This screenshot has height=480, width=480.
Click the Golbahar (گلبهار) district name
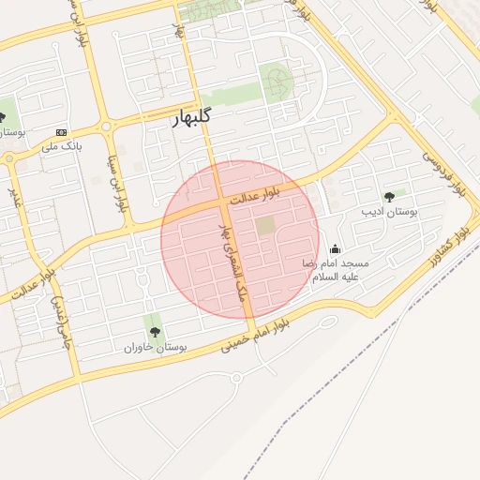tap(194, 118)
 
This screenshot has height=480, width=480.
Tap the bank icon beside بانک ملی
tap(62, 132)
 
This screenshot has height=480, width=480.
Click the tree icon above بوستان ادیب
tap(389, 197)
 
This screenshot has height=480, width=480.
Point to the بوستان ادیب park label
tap(389, 213)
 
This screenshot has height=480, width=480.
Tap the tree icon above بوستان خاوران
tap(155, 332)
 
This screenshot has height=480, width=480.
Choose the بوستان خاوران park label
tap(156, 348)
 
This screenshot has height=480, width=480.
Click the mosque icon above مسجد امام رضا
tap(336, 248)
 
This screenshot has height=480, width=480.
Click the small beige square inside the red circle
tap(266, 226)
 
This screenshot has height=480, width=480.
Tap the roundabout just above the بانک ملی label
tap(105, 126)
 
